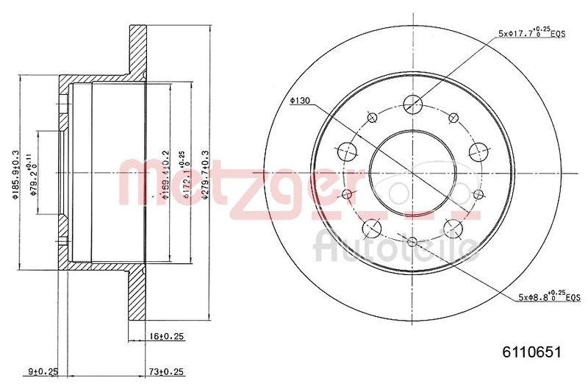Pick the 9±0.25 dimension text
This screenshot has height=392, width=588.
coord(42,371)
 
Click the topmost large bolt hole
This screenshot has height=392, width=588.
coord(414,104)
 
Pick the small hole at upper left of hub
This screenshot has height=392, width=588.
coord(372,116)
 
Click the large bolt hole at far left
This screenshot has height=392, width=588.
coord(347,152)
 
